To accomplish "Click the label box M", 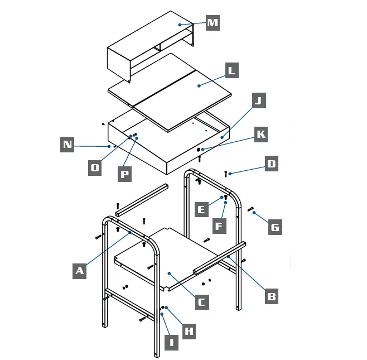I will click(213, 23).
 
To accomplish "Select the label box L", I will click(231, 70).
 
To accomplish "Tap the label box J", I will click(258, 100).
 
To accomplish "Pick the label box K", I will click(260, 134).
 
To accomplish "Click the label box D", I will click(271, 164).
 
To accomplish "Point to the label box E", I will click(201, 210).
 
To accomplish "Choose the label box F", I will click(219, 226).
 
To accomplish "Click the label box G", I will click(275, 227).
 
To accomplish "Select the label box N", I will click(67, 145).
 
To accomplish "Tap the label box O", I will click(95, 167).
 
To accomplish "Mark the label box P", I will click(125, 174).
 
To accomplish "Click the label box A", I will click(80, 271).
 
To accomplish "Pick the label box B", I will click(271, 296).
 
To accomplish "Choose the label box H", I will click(189, 331).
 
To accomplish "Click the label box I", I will click(171, 342).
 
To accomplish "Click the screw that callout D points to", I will click(226, 174).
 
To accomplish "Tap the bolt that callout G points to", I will click(250, 209).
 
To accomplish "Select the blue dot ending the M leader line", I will click(180, 25).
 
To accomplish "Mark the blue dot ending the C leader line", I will click(169, 273).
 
